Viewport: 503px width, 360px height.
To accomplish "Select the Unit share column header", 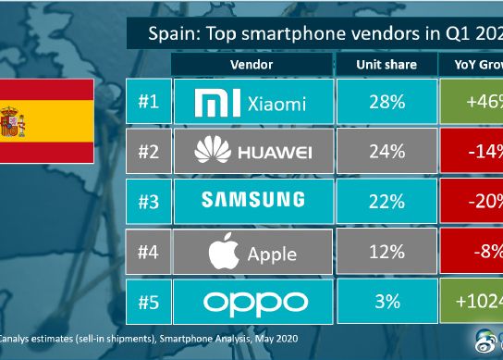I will tap(386, 66).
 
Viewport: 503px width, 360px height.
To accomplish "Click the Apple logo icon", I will tap(218, 250).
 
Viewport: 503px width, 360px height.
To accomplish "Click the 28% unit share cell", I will tap(386, 102).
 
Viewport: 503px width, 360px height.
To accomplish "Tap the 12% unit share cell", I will tap(386, 251).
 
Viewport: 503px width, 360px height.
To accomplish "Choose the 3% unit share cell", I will tap(386, 301).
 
